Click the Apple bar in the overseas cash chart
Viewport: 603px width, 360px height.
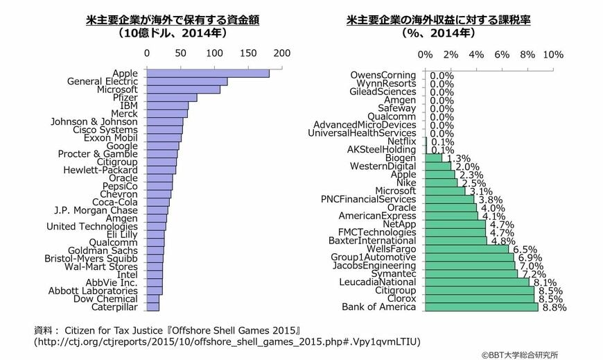pos(208,73)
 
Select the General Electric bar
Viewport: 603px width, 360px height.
pos(187,82)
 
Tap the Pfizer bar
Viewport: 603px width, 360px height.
pos(172,98)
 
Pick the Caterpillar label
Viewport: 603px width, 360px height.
pos(114,307)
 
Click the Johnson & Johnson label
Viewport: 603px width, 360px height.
pos(94,121)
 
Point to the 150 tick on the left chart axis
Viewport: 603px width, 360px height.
pos(248,53)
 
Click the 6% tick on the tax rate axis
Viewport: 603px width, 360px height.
pos(502,55)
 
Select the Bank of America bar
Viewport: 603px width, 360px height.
pos(482,307)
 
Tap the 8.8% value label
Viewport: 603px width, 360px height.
pos(554,307)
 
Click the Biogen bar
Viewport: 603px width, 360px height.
pos(433,158)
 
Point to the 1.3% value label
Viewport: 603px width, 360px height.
pos(459,158)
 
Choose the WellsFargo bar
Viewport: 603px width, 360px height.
pos(467,249)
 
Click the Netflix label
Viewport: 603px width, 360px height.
pos(401,142)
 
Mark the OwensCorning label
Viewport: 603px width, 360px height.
pos(383,75)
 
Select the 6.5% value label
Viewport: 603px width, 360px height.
pos(525,250)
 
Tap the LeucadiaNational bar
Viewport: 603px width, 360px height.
pos(477,282)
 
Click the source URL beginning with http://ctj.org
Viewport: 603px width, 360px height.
pos(227,341)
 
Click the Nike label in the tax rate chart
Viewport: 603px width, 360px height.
pos(406,182)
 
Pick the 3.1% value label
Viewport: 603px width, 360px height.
pos(481,191)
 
